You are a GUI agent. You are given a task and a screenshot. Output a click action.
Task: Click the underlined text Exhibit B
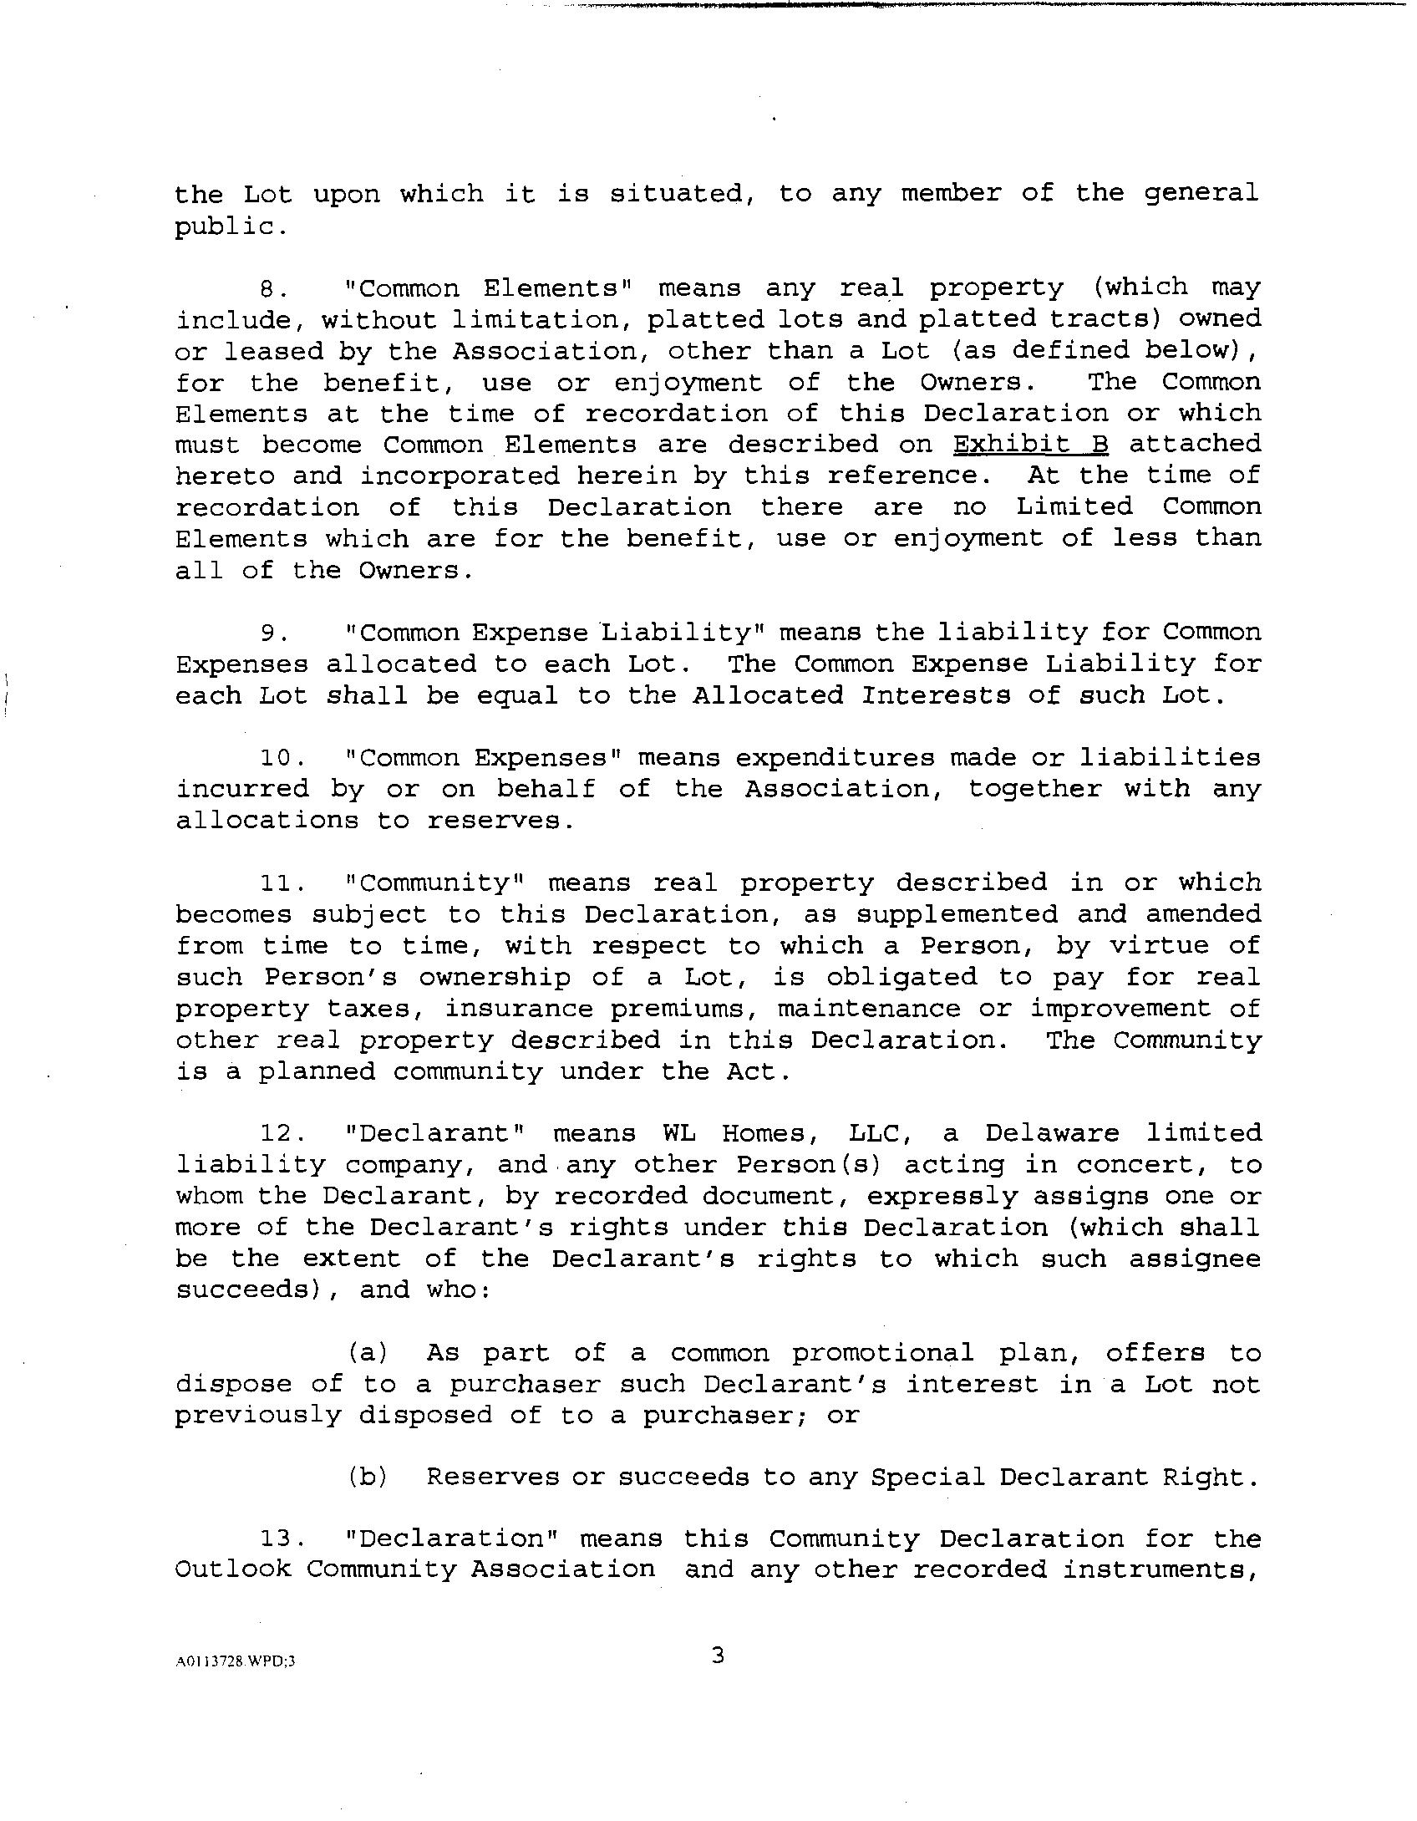(x=1030, y=444)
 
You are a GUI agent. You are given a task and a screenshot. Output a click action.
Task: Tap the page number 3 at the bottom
(x=718, y=1654)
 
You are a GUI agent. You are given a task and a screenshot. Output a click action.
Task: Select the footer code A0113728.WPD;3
(x=236, y=1661)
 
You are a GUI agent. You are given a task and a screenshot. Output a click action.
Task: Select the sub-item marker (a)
(x=368, y=1352)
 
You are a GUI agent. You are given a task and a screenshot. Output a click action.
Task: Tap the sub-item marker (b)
(x=368, y=1478)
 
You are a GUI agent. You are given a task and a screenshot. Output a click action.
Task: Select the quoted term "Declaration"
(x=451, y=1539)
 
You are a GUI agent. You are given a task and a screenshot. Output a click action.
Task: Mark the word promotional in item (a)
(x=883, y=1352)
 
